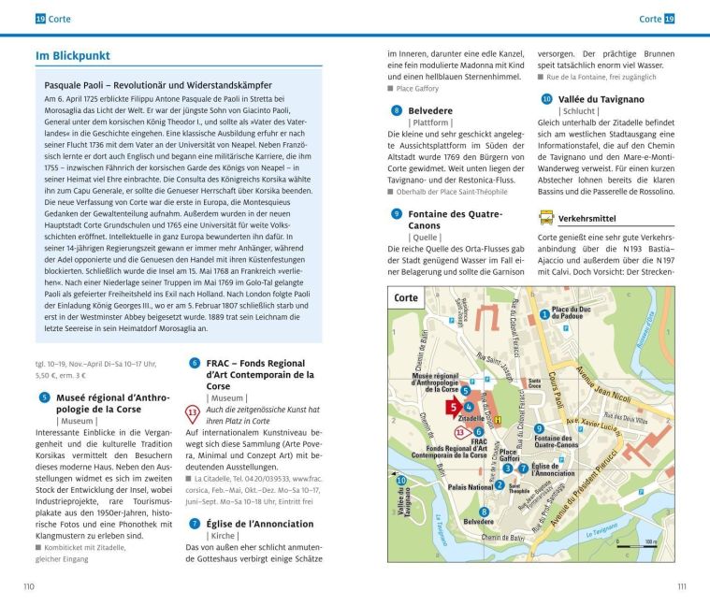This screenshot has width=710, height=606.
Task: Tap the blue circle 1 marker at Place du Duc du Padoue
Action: [544, 314]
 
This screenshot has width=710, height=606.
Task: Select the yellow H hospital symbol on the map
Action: [498, 420]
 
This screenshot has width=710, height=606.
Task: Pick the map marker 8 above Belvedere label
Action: [484, 512]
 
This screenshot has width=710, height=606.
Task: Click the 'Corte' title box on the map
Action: [407, 297]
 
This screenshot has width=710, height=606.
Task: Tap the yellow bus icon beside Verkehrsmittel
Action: [545, 218]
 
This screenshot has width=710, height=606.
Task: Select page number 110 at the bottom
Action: [29, 585]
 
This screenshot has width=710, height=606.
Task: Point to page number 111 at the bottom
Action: [680, 585]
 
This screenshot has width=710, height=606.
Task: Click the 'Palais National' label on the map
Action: [470, 486]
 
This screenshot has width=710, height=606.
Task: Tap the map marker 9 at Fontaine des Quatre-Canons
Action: [539, 428]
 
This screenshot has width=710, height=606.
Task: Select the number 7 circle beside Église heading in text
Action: [195, 524]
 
